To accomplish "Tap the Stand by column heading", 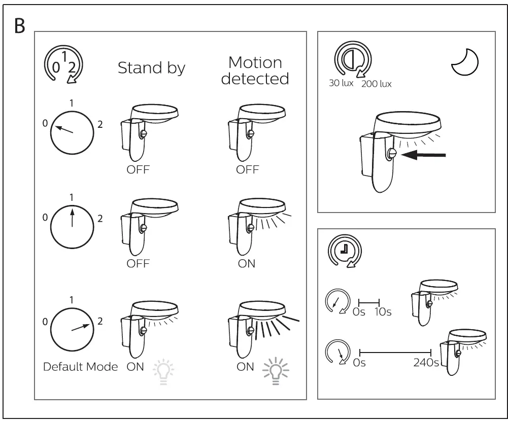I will (151, 68).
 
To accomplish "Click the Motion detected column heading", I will (255, 71).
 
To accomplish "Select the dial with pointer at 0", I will (73, 132).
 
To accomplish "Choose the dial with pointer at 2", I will (72, 328).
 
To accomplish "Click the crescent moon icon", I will (465, 63).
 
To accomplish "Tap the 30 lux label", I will (341, 83).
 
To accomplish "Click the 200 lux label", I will (376, 84).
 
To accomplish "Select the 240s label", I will (426, 363).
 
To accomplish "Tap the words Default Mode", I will (80, 367).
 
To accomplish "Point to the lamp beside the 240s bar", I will (462, 349).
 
